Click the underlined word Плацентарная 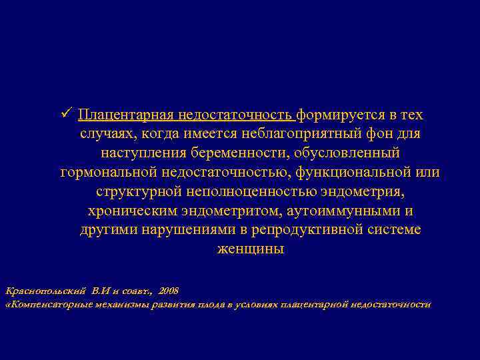click(126, 115)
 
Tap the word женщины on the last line click(250, 250)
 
